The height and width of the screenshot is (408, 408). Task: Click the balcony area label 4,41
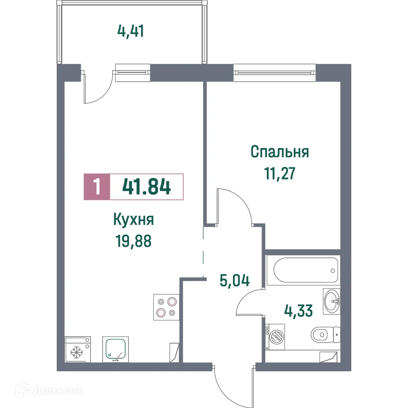[131, 31]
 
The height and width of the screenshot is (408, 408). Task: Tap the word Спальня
[279, 152]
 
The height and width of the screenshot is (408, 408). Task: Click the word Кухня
[134, 221]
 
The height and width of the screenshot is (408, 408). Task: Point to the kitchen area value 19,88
[134, 242]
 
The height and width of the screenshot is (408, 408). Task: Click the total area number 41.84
[146, 187]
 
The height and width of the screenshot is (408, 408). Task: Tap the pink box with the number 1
[97, 187]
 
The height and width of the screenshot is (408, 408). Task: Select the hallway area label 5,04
[234, 281]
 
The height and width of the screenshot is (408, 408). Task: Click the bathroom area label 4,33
[298, 311]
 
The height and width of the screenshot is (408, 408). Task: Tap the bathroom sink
[331, 301]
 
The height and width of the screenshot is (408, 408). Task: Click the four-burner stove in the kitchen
[166, 307]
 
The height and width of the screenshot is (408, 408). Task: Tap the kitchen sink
[115, 349]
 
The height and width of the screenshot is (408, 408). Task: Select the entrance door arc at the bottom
[231, 386]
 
